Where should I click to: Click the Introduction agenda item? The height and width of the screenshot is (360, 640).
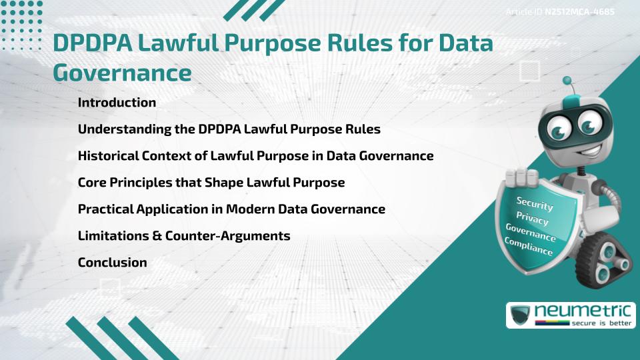coord(117,103)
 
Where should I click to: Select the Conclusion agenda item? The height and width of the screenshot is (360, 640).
coord(112,263)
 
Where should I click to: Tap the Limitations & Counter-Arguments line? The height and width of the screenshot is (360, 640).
coord(183,236)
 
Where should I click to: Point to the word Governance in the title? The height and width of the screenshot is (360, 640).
coord(122,73)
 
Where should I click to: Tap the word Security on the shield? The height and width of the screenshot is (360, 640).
coord(535,203)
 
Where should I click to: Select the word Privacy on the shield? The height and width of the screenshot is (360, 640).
coord(532,219)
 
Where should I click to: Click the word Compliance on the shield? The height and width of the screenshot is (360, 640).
coord(529,247)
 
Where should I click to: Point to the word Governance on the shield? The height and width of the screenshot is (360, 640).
coord(531,233)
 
